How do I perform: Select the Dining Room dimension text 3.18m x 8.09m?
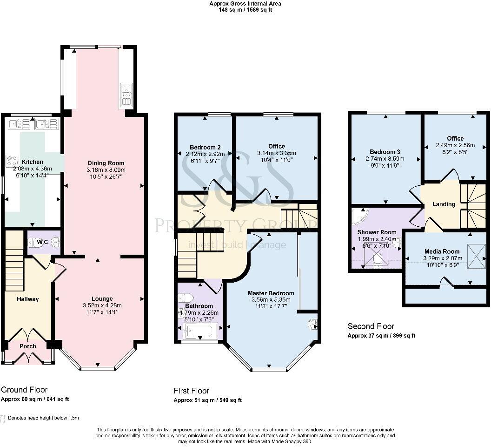click(x=106, y=170)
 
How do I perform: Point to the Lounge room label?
click(x=102, y=299)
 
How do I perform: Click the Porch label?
click(x=27, y=346)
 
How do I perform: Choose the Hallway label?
click(x=28, y=299)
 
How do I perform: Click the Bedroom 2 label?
click(x=202, y=146)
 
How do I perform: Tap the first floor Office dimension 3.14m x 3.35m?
click(x=276, y=153)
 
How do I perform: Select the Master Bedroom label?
click(x=271, y=293)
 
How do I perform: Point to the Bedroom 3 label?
click(x=385, y=152)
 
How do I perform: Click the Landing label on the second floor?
click(x=444, y=204)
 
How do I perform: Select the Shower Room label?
click(x=377, y=232)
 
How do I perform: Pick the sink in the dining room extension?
click(x=126, y=95)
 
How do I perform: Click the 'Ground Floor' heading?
click(x=24, y=390)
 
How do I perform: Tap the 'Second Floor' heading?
click(x=371, y=326)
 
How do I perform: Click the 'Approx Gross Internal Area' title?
click(x=245, y=3)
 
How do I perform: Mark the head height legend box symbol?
click(x=3, y=418)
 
